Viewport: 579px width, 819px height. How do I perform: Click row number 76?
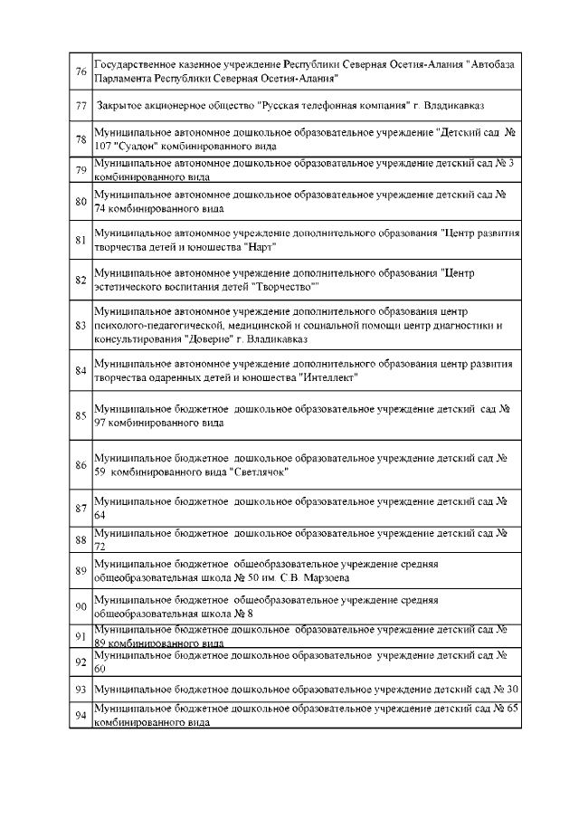tap(81, 71)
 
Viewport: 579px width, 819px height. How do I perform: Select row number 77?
tap(81, 107)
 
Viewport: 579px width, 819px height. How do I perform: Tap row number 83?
tap(81, 325)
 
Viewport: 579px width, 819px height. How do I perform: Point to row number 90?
tap(81, 605)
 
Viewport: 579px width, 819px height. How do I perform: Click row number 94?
tap(81, 716)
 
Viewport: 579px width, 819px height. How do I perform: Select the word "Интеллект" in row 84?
tap(328, 377)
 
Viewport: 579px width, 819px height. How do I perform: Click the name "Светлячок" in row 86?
tap(260, 471)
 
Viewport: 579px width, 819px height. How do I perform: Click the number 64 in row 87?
tap(100, 514)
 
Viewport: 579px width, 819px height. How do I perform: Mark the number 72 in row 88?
tap(100, 548)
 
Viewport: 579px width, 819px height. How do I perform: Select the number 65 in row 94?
tap(512, 709)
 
